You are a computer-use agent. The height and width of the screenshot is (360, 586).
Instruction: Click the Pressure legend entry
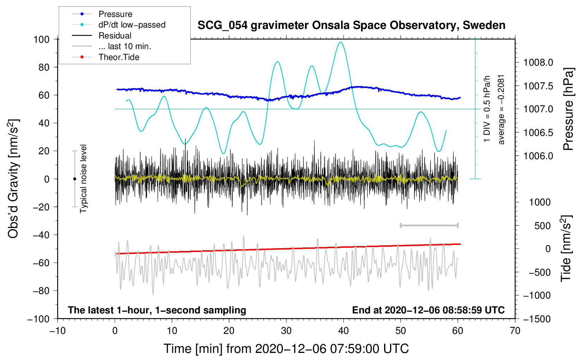[102, 14]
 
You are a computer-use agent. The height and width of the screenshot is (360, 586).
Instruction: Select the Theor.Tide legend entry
[106, 57]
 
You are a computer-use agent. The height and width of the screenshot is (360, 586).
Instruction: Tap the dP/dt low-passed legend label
[132, 25]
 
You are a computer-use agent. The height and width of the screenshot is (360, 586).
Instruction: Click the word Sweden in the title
[484, 25]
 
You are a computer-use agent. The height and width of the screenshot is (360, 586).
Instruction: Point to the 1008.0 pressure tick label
[538, 63]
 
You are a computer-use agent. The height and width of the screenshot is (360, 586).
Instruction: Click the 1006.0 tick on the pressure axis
[538, 156]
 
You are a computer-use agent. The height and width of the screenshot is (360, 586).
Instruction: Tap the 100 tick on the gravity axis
[41, 40]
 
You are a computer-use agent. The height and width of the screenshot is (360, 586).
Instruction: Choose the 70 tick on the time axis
[515, 331]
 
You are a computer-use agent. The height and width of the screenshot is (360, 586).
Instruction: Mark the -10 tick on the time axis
[58, 331]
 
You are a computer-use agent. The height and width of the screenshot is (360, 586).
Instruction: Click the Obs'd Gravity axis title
[13, 179]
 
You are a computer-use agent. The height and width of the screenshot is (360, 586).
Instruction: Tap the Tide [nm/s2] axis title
[566, 249]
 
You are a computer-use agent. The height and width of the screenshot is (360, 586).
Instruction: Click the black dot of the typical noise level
[74, 179]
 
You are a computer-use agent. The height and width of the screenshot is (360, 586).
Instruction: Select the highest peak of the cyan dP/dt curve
[341, 42]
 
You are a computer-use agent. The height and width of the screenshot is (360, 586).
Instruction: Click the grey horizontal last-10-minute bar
[429, 226]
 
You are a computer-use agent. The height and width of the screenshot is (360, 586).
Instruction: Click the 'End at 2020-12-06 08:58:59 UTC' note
[428, 310]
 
